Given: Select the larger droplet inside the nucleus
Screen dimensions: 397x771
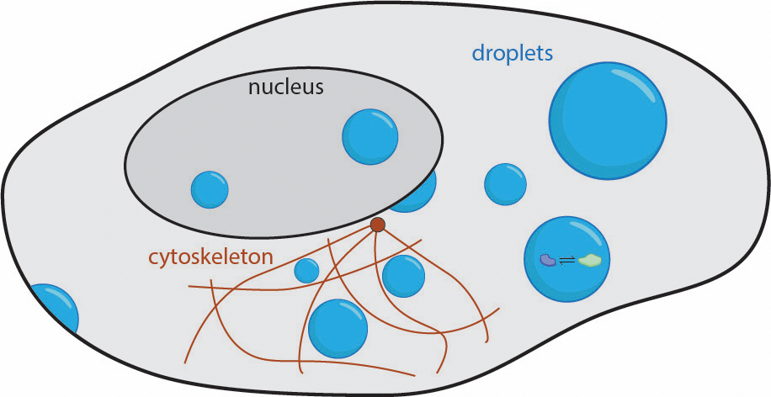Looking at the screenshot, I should point(370,136).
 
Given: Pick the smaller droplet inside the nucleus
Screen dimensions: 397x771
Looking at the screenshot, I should point(210,189).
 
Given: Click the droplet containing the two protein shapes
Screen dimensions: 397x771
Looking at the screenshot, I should point(567,259).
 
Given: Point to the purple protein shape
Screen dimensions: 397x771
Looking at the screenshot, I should point(548,260).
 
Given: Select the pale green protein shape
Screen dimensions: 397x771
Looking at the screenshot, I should point(589,260).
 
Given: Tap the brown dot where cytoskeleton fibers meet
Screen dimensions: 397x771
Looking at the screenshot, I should point(378,225).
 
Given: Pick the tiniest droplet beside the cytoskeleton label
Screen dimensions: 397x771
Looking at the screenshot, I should point(306,270).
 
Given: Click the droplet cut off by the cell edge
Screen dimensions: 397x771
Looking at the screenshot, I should point(52,311).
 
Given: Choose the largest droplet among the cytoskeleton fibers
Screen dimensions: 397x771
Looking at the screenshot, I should point(338,328).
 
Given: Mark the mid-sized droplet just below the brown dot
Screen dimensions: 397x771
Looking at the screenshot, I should point(403,276).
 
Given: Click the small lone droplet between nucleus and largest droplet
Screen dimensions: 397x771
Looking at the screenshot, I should point(506,183).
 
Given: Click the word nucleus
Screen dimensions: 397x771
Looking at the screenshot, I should point(285,87).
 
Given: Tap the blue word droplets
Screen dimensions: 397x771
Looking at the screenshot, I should point(512,55).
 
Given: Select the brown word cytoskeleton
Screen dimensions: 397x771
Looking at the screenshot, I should point(210,257).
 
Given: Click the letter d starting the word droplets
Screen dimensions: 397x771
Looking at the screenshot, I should point(478,55).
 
